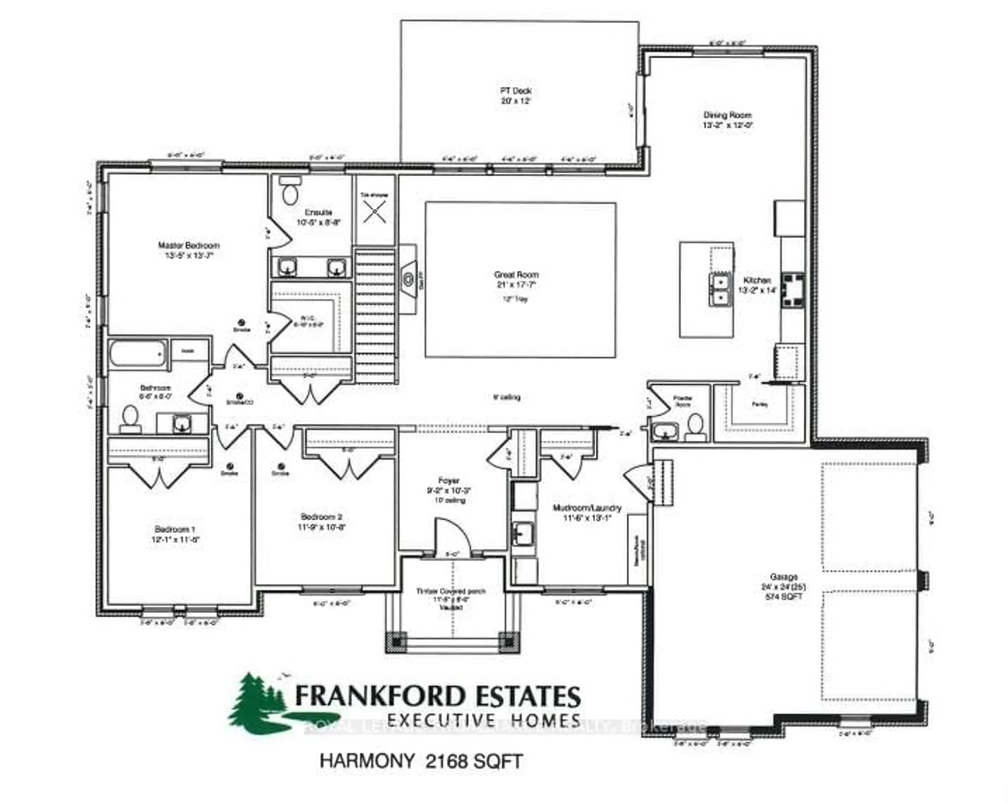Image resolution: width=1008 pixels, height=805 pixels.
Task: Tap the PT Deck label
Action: [x=516, y=91]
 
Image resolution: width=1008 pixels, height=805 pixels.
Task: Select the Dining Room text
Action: [x=727, y=115]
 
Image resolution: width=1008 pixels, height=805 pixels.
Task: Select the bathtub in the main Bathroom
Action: [x=138, y=353]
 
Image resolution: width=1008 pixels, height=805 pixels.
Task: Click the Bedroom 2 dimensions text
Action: [x=322, y=527]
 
